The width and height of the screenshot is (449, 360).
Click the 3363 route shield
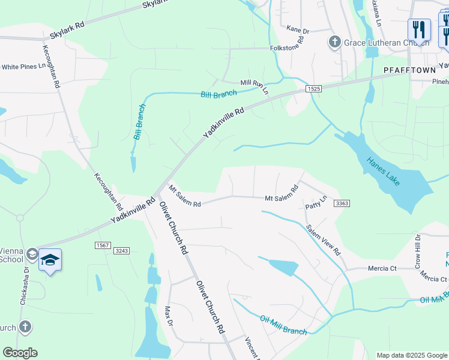pyautogui.click(x=342, y=204)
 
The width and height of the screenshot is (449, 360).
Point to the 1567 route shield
pyautogui.click(x=103, y=245)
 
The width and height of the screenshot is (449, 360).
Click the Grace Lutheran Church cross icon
pyautogui.click(x=334, y=43)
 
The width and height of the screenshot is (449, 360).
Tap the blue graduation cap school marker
pyautogui.click(x=50, y=260)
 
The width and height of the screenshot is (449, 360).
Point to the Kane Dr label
pyautogui.click(x=297, y=29)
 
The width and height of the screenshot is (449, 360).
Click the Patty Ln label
pyautogui.click(x=316, y=203)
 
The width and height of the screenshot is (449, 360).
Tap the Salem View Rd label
pyautogui.click(x=323, y=240)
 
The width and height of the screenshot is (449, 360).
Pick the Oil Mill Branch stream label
pyautogui.click(x=283, y=324)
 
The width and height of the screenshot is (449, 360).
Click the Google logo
pyautogui.click(x=20, y=353)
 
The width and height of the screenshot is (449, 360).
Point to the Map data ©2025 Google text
pyautogui.click(x=411, y=355)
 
